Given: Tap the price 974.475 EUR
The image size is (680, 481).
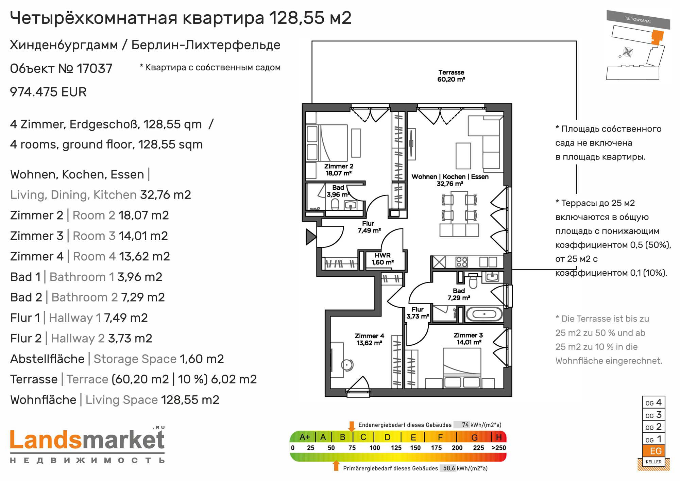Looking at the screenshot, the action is (x=48, y=92).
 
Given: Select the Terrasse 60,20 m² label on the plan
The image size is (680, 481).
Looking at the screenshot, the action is (x=451, y=76).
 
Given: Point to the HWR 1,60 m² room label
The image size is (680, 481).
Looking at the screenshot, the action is (x=382, y=259).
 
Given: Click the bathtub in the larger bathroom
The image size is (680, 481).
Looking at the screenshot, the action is (x=483, y=314).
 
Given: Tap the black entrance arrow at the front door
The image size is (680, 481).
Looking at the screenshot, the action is (x=311, y=237).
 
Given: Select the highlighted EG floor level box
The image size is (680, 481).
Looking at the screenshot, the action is (x=653, y=451).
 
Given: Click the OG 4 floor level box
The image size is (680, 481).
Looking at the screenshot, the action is (x=653, y=402).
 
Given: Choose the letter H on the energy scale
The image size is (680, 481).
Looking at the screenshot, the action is (x=499, y=437).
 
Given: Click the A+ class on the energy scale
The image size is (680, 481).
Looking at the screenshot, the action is (x=305, y=437).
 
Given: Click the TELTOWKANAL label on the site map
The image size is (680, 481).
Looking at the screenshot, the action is (x=638, y=20).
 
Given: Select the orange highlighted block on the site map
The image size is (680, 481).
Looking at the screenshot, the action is (x=657, y=37).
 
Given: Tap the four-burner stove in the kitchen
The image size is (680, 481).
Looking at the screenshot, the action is (x=462, y=262).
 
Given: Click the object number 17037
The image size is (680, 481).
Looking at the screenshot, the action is (x=95, y=69).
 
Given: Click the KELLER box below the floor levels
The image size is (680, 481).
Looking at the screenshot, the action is (x=653, y=462).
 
